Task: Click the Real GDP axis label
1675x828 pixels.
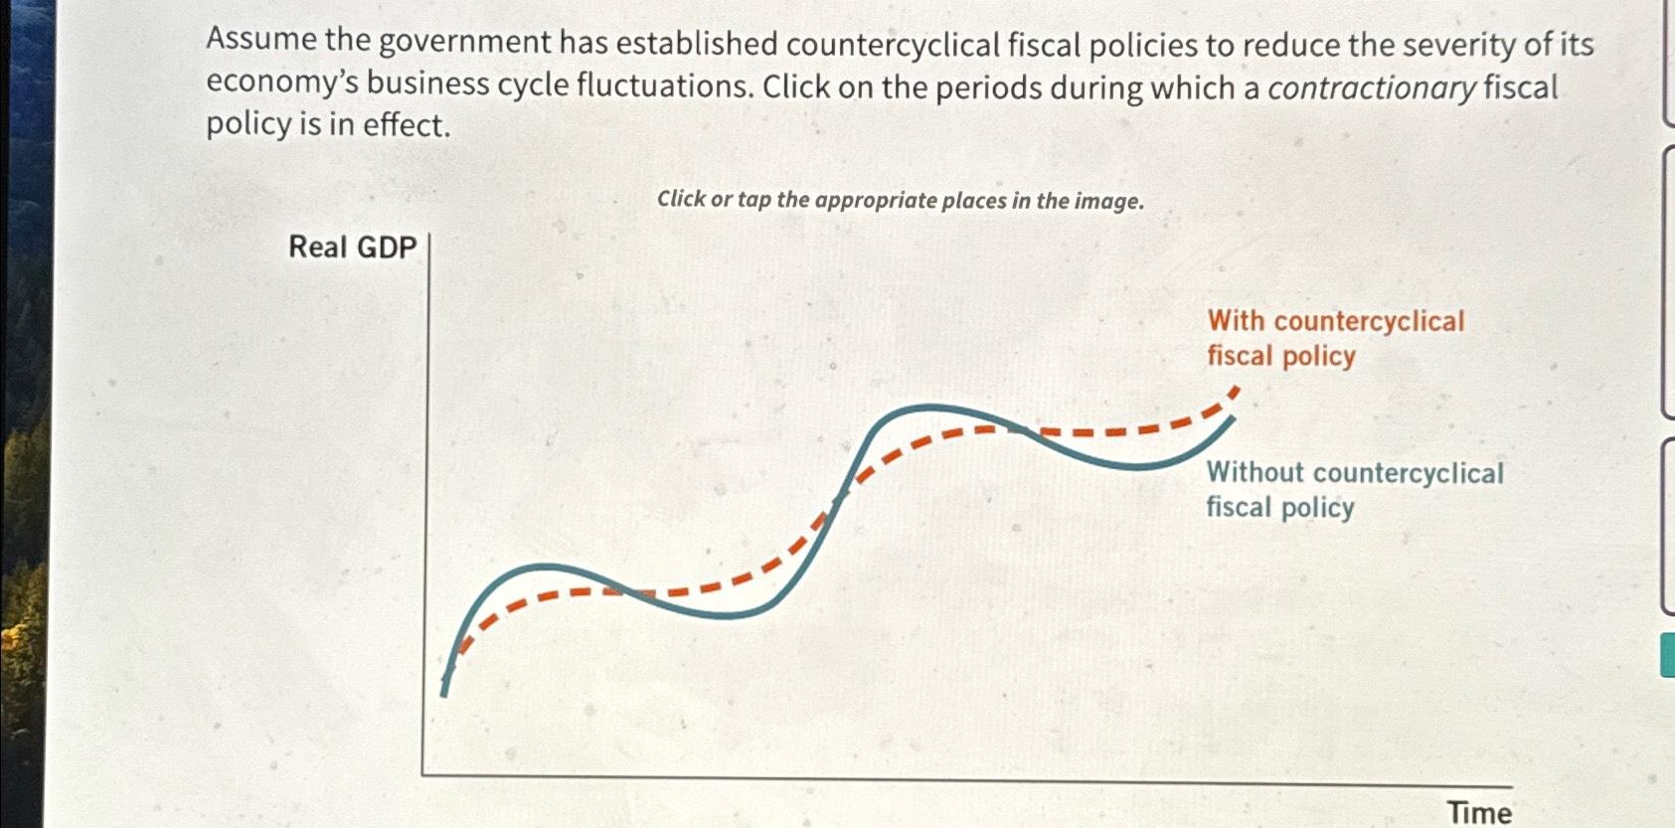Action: point(352,247)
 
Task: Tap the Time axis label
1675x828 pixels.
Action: point(1479,812)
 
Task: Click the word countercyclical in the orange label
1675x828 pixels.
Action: point(1369,321)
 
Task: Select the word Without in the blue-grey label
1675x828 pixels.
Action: point(1256,472)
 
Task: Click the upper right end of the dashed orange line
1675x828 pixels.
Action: point(1234,392)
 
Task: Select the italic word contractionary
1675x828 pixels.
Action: point(1372,87)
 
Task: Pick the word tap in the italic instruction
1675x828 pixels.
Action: point(754,200)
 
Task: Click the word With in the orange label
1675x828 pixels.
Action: point(1236,321)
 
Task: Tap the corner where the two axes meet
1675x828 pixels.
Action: point(423,773)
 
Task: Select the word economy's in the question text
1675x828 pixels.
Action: point(282,83)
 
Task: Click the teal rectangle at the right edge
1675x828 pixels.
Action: point(1667,657)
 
